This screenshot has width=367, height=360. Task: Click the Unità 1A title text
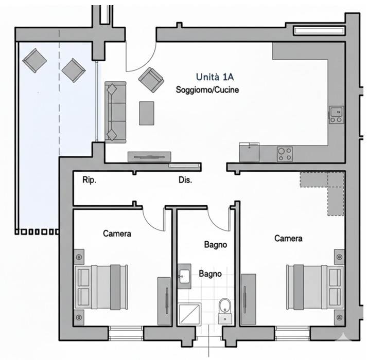tap(215, 77)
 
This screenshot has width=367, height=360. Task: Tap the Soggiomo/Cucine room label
tap(207, 90)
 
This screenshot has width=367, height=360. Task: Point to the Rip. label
tap(89, 180)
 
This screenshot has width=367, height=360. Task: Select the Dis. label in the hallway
tap(185, 180)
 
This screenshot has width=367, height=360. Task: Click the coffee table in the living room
tap(147, 113)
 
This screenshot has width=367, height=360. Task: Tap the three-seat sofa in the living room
tap(115, 112)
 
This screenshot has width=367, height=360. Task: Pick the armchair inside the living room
tap(151, 80)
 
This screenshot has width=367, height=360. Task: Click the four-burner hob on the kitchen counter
tap(285, 154)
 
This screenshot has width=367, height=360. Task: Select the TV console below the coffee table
tap(149, 157)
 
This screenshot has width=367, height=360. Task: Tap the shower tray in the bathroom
tap(189, 314)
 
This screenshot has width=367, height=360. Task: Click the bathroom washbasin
tap(184, 276)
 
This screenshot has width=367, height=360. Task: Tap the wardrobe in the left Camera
tap(164, 301)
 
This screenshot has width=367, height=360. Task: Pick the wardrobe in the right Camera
tap(248, 300)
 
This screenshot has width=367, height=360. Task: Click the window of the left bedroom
tap(126, 334)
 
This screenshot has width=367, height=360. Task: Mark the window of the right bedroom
tap(293, 334)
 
